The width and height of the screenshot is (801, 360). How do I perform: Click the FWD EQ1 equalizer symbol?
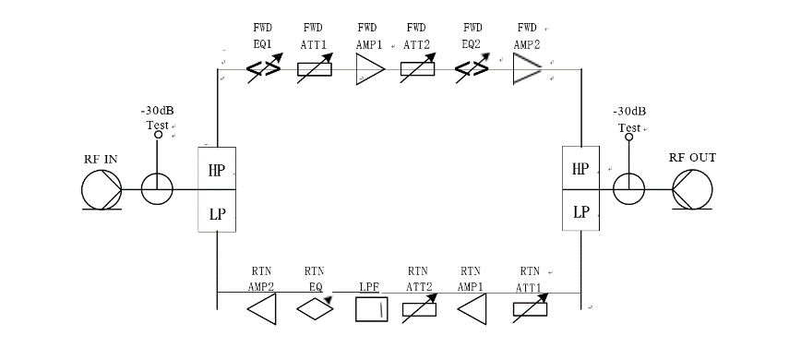263,70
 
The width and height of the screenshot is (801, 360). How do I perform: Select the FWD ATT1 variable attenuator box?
320,70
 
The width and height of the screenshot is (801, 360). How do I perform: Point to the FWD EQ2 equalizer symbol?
472,70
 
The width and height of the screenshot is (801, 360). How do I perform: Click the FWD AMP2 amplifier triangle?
527,69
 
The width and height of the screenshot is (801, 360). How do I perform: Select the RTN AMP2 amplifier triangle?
262,309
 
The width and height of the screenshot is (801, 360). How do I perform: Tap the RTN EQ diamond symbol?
317,310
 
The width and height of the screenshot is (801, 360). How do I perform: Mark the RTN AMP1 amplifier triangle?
472,309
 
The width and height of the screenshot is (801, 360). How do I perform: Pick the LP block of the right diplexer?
580,211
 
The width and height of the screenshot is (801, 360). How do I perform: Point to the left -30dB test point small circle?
158,136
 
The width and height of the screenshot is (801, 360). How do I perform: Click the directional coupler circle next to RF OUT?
631,190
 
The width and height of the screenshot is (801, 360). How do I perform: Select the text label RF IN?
100,159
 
